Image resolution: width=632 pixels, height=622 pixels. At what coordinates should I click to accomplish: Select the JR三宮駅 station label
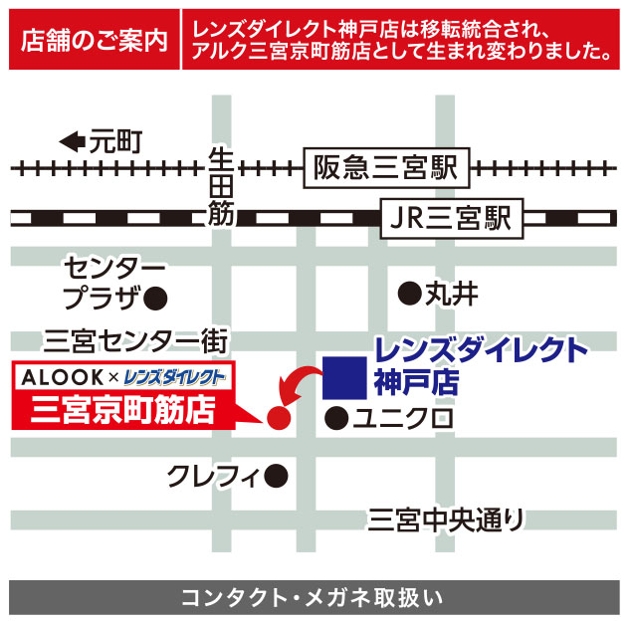click(451, 218)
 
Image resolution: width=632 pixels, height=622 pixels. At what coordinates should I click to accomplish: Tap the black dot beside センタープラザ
click(154, 297)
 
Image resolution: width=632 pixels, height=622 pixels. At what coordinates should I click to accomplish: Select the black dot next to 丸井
click(407, 294)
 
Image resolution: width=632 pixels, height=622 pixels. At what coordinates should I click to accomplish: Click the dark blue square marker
click(340, 377)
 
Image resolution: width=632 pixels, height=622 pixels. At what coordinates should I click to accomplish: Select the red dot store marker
click(279, 418)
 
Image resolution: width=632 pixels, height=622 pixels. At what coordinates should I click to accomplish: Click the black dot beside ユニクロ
click(337, 418)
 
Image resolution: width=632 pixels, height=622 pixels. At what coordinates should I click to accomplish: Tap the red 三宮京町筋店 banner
click(123, 409)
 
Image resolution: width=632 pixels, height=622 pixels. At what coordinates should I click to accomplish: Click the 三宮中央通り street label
click(445, 518)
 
